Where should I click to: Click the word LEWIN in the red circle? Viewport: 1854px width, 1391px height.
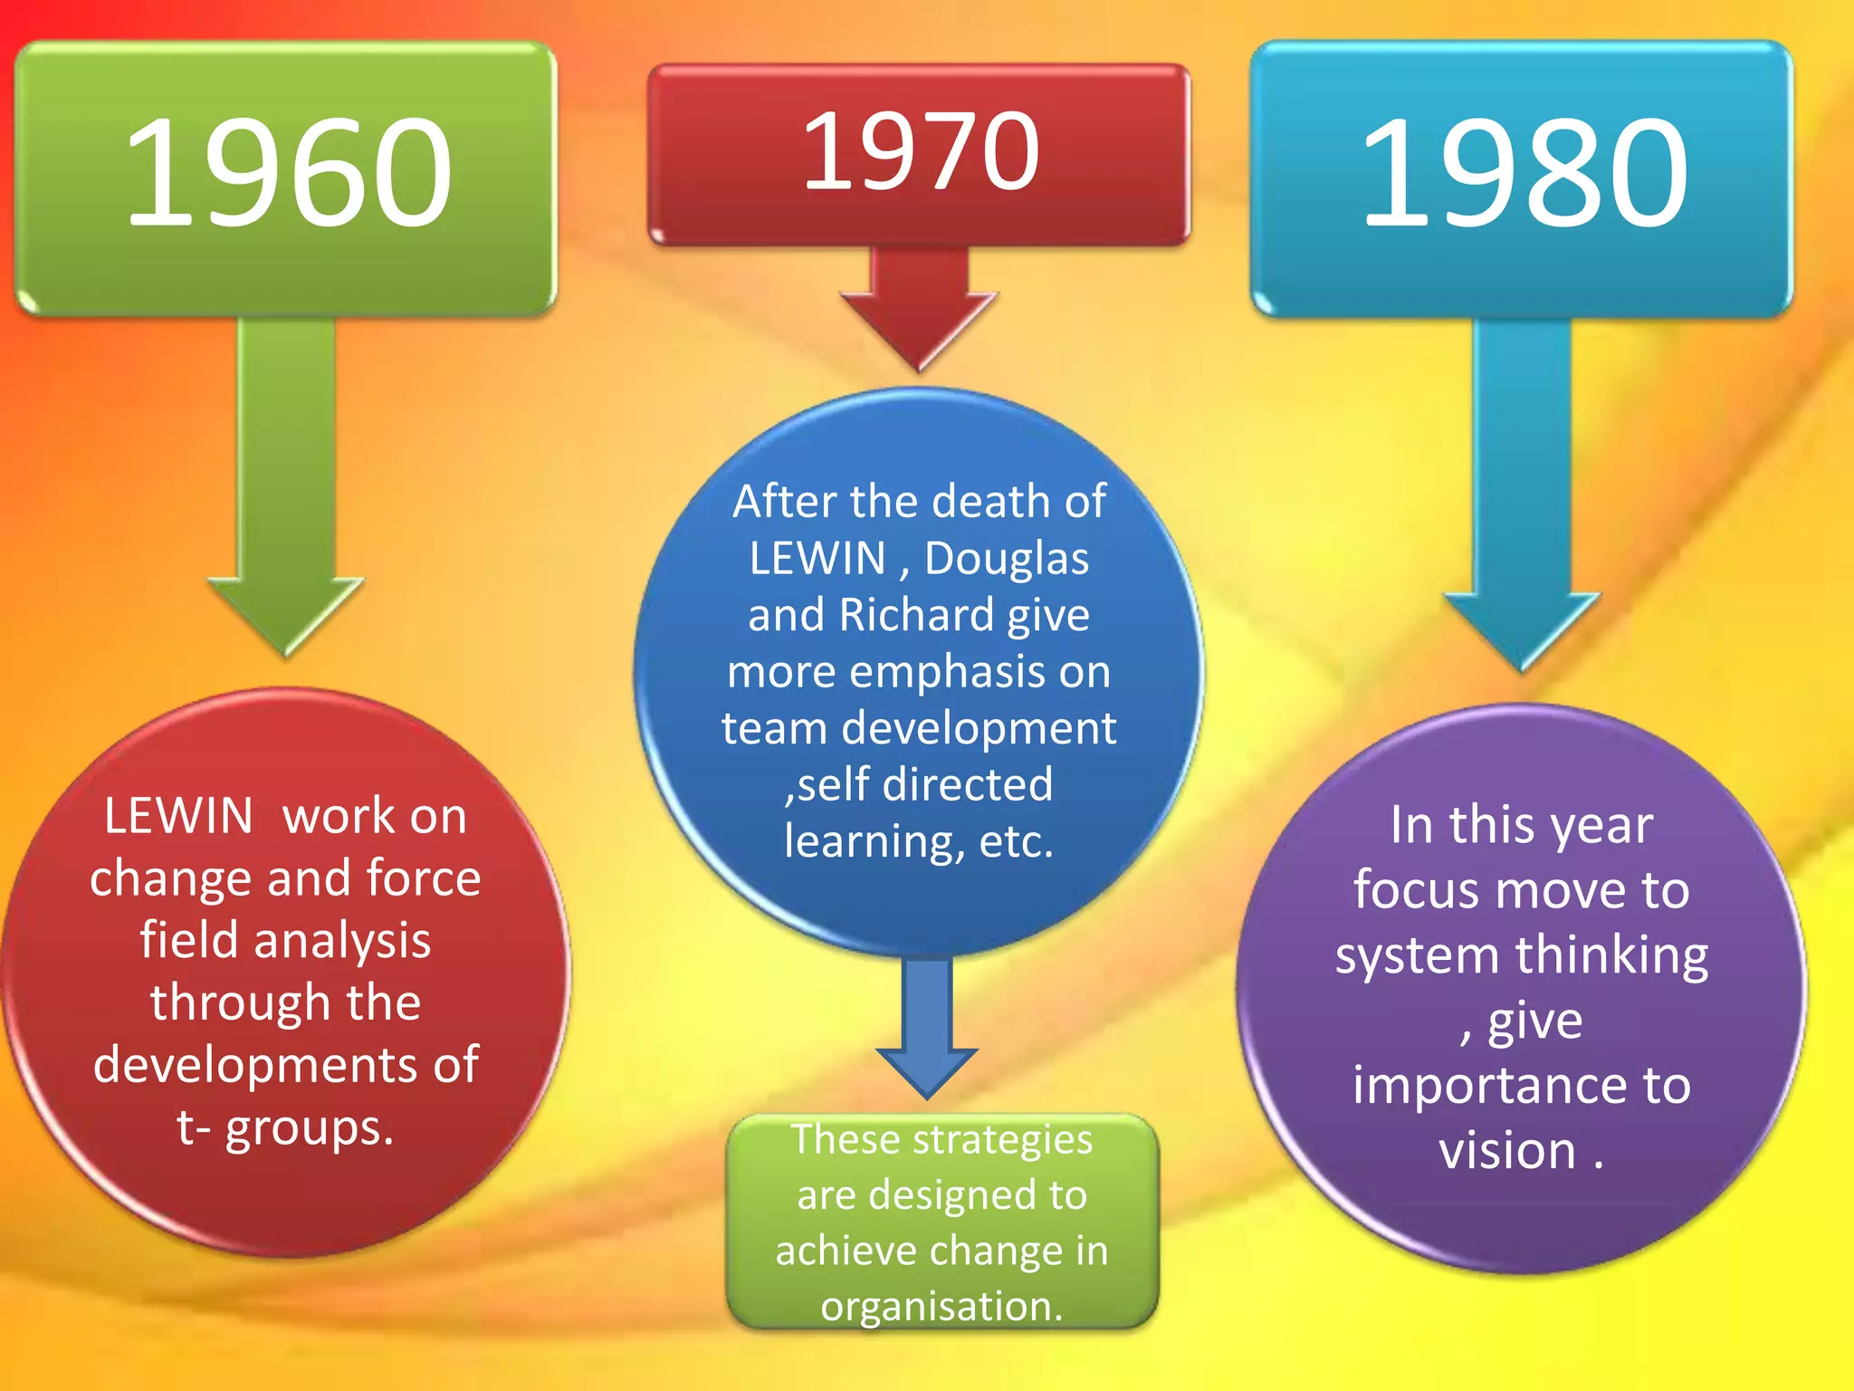[x=178, y=816]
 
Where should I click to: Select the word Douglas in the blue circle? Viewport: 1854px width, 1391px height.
[x=1007, y=558]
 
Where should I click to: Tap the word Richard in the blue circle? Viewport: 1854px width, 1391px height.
[x=917, y=615]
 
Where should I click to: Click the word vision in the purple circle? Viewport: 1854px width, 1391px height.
[x=1507, y=1151]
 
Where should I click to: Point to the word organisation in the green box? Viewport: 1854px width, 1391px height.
[x=941, y=1306]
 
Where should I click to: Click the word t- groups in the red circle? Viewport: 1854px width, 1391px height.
[x=285, y=1127]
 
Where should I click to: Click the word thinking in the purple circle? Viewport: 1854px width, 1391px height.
[x=1612, y=956]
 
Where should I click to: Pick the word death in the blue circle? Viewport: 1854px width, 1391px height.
[x=996, y=501]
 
